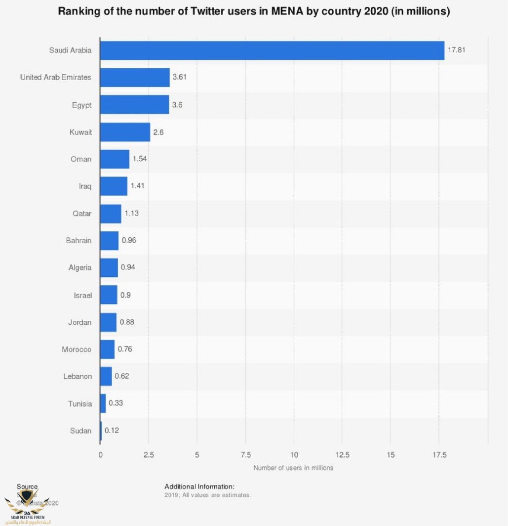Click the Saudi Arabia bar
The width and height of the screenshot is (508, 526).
[272, 50]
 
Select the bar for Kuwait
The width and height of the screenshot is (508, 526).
[125, 132]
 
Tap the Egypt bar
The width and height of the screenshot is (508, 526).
[134, 105]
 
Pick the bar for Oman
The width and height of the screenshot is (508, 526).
[115, 159]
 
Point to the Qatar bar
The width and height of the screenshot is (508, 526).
[111, 214]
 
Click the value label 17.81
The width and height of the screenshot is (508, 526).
[457, 50]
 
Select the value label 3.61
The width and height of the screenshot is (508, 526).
[179, 78]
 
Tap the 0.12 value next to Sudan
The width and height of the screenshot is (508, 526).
[112, 431]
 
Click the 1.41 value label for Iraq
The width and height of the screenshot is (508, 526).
[137, 186]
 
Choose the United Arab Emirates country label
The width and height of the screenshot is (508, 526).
[56, 78]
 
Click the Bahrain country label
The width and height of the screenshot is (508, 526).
[78, 241]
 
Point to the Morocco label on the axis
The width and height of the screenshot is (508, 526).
[77, 350]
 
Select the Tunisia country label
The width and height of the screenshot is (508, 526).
[80, 404]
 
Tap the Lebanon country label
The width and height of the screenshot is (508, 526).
[78, 377]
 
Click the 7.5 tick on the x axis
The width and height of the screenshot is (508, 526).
[245, 455]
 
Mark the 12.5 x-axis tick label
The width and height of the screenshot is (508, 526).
[342, 455]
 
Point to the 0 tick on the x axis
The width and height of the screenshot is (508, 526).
[100, 455]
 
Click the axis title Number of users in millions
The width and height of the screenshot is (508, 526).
[293, 468]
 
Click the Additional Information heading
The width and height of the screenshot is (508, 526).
[199, 486]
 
